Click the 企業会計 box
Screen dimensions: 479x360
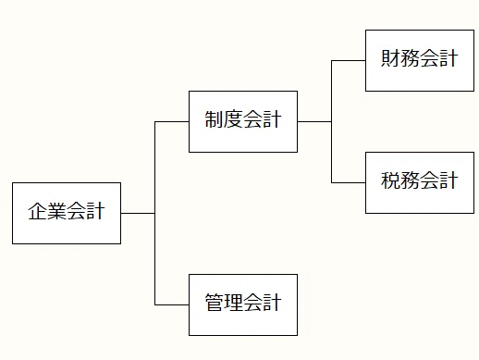[67, 213]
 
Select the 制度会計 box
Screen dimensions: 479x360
[243, 121]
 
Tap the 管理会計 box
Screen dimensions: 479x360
[243, 304]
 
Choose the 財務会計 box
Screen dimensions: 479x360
[420, 60]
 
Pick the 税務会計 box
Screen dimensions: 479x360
[420, 182]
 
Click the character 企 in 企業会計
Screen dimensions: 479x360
[38, 211]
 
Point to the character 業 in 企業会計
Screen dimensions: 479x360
[56, 211]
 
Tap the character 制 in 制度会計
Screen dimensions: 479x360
[215, 119]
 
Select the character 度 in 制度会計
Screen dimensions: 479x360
[233, 119]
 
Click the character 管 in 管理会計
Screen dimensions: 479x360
[215, 303]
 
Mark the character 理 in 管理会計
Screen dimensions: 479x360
[233, 303]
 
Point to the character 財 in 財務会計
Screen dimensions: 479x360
[391, 58]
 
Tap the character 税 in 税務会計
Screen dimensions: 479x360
[391, 180]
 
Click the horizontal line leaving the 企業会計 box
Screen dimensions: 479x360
[138, 213]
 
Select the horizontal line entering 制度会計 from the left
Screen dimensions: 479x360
[172, 121]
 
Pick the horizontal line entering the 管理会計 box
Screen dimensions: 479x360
[172, 304]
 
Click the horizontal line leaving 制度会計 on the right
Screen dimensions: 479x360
[314, 121]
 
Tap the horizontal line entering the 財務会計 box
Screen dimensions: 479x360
[349, 60]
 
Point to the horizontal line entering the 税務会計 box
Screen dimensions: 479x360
[349, 182]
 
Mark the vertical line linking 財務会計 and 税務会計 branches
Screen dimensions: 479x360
[332, 121]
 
